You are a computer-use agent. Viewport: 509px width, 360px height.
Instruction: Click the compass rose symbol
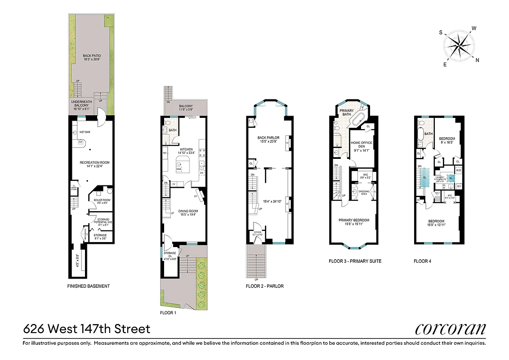[460, 45]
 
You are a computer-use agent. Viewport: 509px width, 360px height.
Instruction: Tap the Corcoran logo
[450, 329]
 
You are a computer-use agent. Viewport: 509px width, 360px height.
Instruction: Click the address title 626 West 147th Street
[87, 329]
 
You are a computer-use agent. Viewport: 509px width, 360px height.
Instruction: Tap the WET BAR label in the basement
[86, 132]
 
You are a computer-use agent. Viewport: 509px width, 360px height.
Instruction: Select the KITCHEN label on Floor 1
[186, 149]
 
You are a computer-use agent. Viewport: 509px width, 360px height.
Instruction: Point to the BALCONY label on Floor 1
[185, 106]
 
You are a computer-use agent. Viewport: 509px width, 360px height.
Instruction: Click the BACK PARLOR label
[268, 137]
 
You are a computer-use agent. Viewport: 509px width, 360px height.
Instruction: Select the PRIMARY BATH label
[347, 112]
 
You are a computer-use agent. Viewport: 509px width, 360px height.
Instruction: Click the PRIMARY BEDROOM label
[354, 220]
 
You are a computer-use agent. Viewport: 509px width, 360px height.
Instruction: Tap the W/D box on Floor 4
[458, 171]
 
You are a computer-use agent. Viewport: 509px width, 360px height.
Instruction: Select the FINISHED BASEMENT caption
[88, 286]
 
